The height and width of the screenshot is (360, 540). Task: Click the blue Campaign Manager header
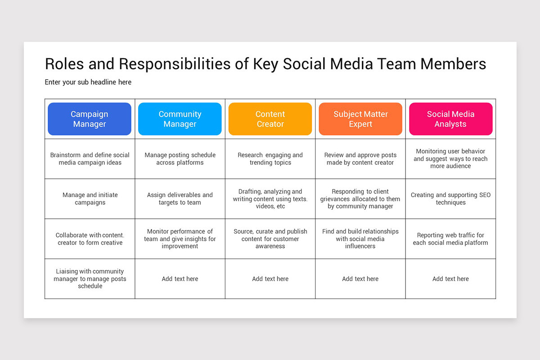90,119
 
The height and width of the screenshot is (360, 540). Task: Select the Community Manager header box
180,119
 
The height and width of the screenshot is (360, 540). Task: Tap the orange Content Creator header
270,119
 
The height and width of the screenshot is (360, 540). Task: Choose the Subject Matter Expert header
360,119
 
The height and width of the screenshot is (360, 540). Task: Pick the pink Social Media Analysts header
450,119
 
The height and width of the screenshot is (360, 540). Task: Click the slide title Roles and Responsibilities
265,64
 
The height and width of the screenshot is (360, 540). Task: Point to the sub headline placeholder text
88,82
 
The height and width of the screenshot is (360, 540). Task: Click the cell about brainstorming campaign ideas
90,159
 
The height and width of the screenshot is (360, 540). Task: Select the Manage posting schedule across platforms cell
180,159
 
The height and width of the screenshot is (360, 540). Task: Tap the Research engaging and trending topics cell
270,159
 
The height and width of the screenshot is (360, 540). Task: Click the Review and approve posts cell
360,159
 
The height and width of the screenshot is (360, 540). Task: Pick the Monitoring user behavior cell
450,159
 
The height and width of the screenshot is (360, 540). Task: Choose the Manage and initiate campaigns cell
90,199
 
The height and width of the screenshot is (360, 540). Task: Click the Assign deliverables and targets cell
180,199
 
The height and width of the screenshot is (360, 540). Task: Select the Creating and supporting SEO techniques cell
450,199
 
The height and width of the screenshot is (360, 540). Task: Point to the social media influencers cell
360,239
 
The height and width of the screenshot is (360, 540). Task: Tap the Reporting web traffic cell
450,239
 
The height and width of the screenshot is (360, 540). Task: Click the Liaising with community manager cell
90,279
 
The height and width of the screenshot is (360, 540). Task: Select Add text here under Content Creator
270,279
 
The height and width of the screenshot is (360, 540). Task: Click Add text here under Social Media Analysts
450,279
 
